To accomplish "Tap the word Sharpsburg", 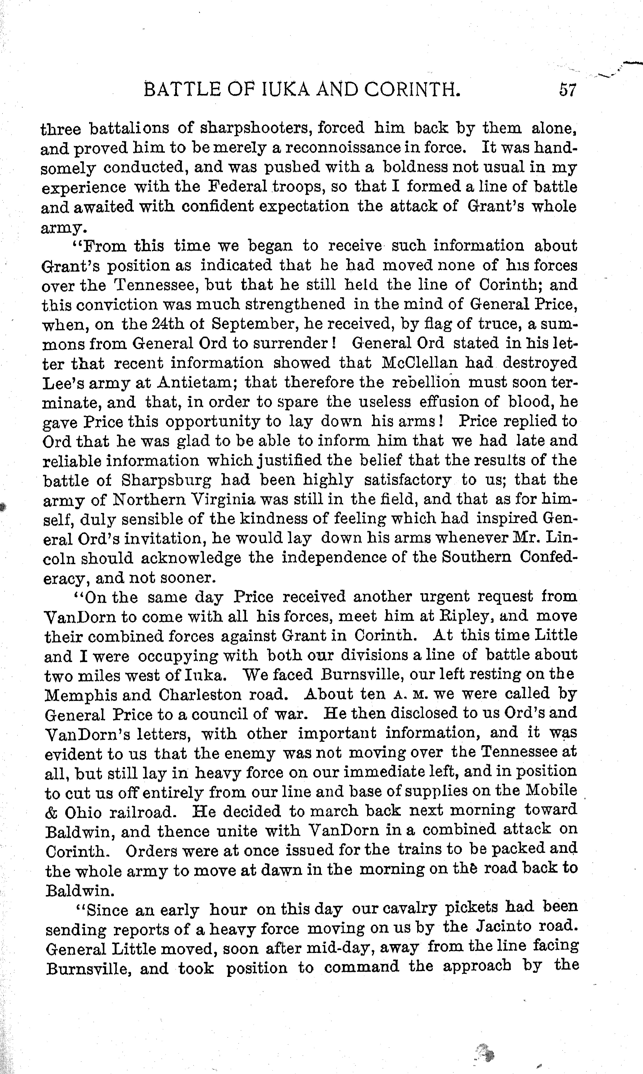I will [x=167, y=480].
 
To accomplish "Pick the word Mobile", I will [x=551, y=791].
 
